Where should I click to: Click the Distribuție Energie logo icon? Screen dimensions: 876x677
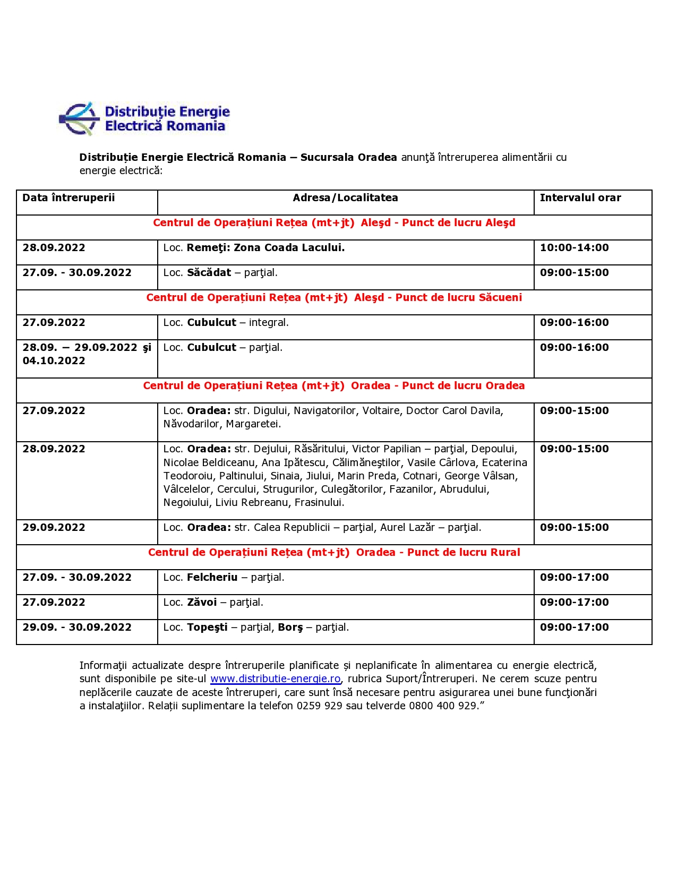(x=79, y=119)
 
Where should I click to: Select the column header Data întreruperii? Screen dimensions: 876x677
(x=68, y=198)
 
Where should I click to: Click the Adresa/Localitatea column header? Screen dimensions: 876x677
(x=345, y=198)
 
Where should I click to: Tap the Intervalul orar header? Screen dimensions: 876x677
(x=580, y=198)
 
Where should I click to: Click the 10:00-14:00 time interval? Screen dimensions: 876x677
(x=574, y=248)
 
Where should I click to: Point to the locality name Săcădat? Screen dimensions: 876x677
(x=209, y=273)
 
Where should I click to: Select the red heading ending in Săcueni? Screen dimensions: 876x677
(x=334, y=298)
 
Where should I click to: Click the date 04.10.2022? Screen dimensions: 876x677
(x=54, y=361)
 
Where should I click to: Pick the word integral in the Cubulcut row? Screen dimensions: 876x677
(x=268, y=323)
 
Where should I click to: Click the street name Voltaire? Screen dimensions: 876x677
(x=381, y=411)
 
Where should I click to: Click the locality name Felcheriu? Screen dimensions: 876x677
(x=212, y=578)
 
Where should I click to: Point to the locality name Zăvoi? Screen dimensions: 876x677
(x=202, y=603)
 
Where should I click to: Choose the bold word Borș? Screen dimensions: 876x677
(x=290, y=628)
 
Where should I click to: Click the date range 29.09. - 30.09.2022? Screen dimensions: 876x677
(x=77, y=628)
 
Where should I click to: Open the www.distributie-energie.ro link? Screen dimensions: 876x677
(x=275, y=679)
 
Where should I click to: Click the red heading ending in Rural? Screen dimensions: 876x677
(x=334, y=553)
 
